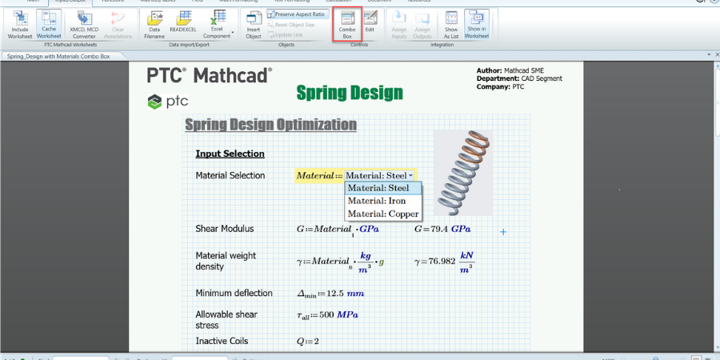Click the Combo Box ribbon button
(x=346, y=24)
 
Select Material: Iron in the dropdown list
(x=377, y=201)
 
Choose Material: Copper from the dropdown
(x=383, y=214)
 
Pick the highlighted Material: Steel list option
(x=378, y=188)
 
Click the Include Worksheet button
(x=20, y=24)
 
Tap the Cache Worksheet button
(x=49, y=24)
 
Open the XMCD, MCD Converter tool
(x=83, y=24)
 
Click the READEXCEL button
(x=183, y=24)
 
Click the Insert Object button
(x=254, y=24)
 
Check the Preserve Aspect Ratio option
(x=297, y=14)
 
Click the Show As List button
(x=451, y=24)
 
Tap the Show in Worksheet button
(x=477, y=24)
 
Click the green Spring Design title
(x=350, y=93)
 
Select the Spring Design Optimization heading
(x=270, y=125)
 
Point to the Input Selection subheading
(x=230, y=154)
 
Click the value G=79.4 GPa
(x=442, y=229)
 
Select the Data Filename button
(x=154, y=24)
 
